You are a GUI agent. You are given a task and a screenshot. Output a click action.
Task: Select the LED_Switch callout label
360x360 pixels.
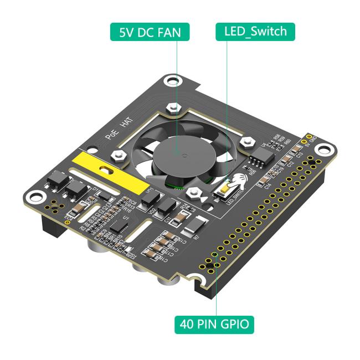[255, 32]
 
